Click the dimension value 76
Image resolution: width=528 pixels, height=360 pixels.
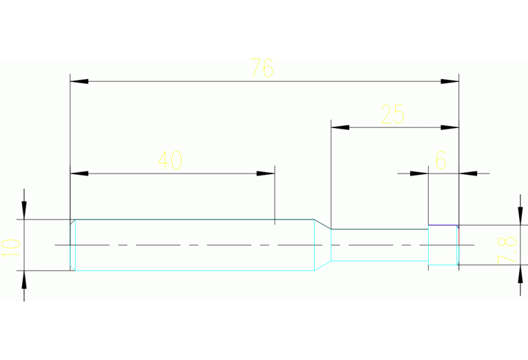tap(262, 67)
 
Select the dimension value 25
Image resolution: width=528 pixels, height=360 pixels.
tap(392, 114)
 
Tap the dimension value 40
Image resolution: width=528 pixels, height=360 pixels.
tap(170, 160)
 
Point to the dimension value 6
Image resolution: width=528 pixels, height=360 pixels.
tap(441, 160)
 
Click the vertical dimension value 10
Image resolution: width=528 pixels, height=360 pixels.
tap(10, 246)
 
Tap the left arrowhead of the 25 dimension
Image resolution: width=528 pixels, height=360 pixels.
tap(340, 127)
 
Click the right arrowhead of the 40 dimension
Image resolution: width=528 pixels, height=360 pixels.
tap(266, 173)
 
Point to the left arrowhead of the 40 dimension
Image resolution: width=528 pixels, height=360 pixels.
tap(79, 173)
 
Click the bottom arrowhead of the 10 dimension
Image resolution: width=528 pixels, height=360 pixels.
tap(25, 279)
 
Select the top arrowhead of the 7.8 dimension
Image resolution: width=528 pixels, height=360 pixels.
tap(519, 216)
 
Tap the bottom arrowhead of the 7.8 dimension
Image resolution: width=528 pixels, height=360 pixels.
tap(519, 273)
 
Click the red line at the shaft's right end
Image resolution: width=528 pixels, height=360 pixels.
tap(458, 236)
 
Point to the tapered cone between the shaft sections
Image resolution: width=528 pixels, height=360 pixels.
tap(323, 245)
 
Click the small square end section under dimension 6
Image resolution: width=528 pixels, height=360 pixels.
tap(443, 245)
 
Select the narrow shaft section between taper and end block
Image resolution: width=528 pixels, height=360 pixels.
tap(379, 245)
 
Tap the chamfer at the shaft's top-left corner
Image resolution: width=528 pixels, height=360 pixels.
tap(72, 222)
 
